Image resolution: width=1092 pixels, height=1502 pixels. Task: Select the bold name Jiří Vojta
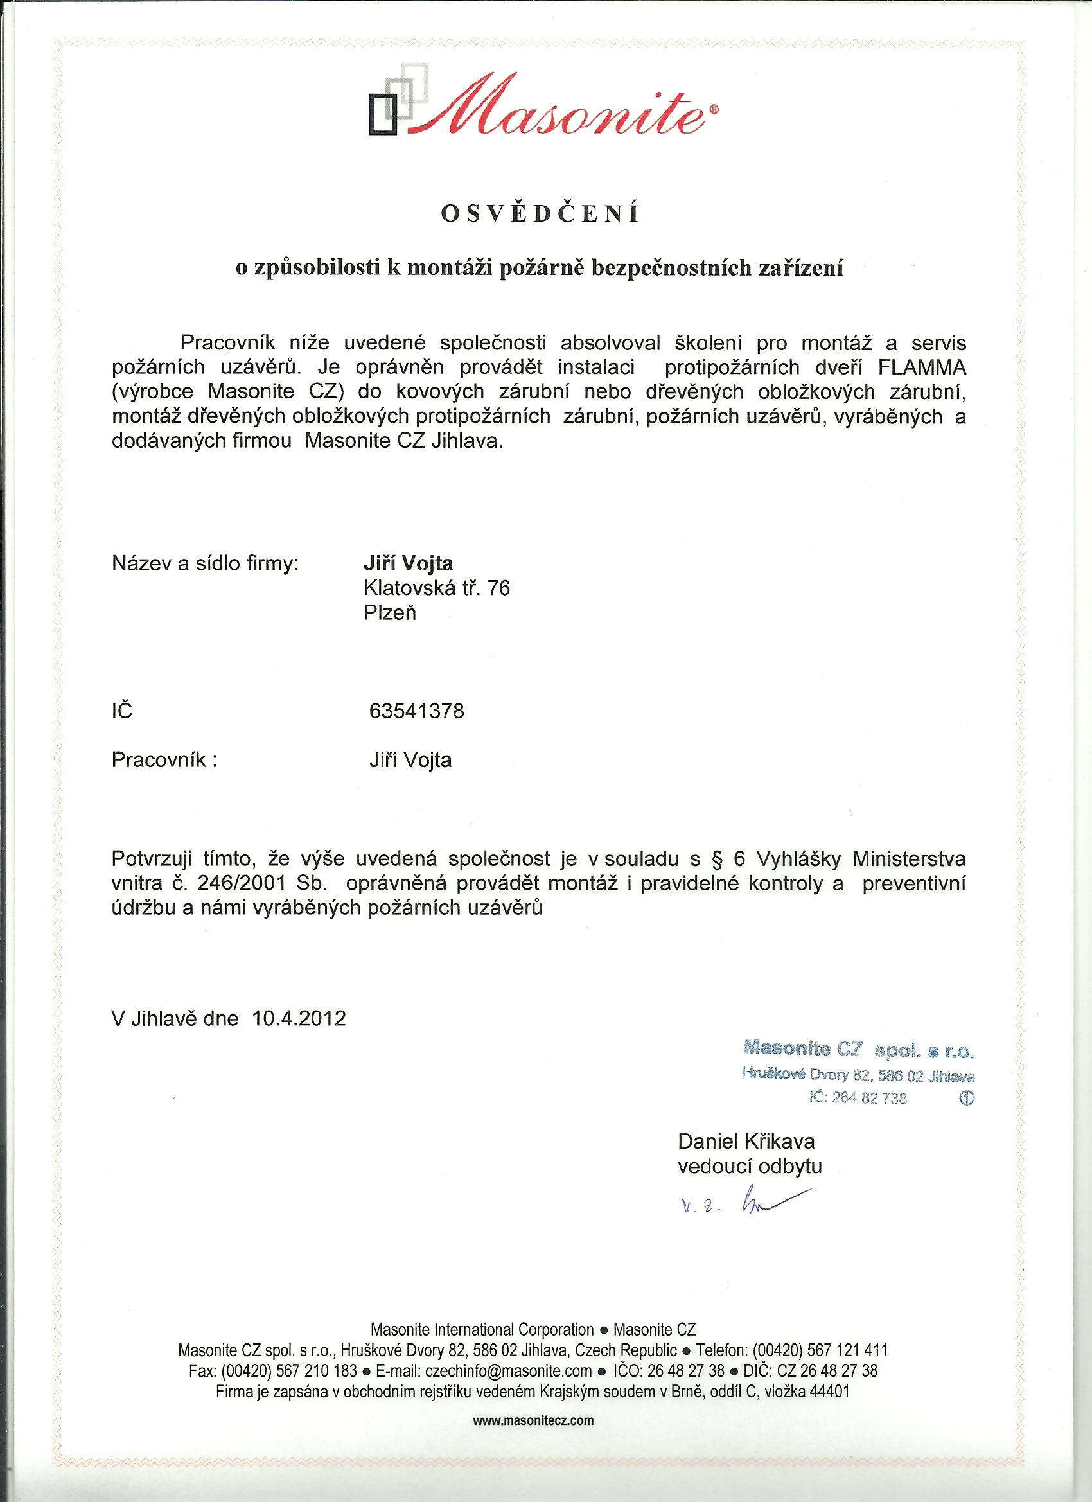click(409, 563)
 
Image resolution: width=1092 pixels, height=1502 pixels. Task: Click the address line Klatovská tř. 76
click(437, 588)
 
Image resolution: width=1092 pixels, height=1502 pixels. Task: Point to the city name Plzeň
click(390, 613)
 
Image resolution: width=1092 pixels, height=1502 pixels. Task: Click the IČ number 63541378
click(416, 711)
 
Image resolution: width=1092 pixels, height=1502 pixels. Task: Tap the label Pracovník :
click(164, 759)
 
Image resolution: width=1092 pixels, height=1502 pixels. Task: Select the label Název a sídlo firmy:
click(206, 563)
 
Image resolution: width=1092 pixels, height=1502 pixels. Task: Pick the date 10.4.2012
click(299, 1018)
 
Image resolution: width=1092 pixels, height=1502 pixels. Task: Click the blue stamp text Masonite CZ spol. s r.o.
click(859, 1049)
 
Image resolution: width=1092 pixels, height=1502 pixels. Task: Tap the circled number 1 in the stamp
click(966, 1098)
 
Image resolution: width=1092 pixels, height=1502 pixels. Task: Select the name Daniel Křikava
click(746, 1141)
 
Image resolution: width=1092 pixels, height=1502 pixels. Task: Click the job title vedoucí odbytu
click(750, 1165)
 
